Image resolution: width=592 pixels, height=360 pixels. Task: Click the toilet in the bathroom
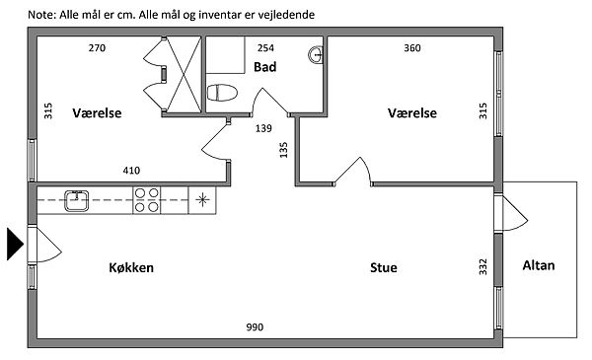click(222, 93)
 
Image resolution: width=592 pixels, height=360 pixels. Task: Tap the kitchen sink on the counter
click(77, 200)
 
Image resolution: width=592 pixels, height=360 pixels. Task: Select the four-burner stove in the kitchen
click(146, 200)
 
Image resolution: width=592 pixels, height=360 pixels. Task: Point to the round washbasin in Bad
click(316, 54)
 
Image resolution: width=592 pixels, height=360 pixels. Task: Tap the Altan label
click(539, 265)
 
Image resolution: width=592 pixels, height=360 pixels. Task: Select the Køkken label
click(131, 267)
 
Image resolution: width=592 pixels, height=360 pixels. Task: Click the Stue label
click(383, 267)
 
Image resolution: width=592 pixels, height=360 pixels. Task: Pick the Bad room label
click(265, 67)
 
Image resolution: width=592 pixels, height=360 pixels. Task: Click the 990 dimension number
click(255, 326)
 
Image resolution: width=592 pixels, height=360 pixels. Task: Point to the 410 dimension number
click(131, 171)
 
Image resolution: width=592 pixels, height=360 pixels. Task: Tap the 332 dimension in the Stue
click(482, 266)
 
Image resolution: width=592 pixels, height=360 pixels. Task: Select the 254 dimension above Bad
click(265, 48)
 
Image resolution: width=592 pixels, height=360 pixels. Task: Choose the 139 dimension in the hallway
click(263, 128)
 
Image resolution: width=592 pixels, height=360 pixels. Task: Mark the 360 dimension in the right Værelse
click(411, 48)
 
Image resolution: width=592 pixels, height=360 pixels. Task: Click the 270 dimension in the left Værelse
click(97, 48)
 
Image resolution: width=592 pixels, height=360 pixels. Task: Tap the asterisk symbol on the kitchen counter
click(202, 199)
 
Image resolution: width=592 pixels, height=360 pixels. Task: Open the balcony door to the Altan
click(511, 213)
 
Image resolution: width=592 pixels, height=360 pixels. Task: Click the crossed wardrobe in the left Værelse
click(184, 75)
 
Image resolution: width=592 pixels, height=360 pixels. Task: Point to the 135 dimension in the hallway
click(283, 150)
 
